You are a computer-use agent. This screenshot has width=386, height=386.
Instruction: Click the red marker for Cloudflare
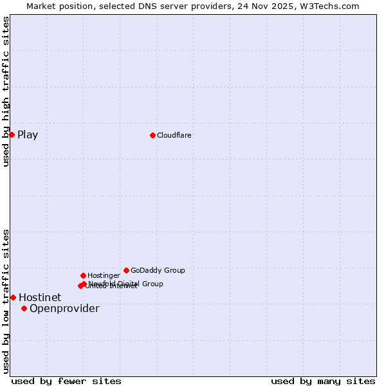pos(152,135)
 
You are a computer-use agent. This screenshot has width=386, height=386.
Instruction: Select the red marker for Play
pos(12,134)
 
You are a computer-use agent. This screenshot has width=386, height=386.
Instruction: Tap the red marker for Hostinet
pos(13,297)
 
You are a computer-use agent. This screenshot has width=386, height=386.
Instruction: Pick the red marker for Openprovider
pos(24,308)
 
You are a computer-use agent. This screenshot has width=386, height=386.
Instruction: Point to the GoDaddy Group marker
pos(126,270)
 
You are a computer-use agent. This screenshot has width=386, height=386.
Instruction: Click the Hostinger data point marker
pos(83,275)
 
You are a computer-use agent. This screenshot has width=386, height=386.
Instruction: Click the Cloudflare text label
pos(174,135)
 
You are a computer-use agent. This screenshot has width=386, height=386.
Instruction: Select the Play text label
pos(28,134)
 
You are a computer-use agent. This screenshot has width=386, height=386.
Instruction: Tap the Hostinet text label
pos(40,297)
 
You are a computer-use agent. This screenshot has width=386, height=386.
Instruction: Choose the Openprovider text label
pos(64,308)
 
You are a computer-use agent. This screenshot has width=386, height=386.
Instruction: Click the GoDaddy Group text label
pos(158,270)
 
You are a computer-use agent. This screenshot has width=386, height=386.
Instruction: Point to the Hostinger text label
pos(104,275)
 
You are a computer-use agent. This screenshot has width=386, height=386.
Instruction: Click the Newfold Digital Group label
pos(126,283)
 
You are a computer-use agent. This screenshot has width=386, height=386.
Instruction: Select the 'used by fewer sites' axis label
pos(66,381)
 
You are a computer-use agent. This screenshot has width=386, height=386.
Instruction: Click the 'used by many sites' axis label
pos(323,381)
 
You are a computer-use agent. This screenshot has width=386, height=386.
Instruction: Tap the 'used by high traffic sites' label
pos(6,91)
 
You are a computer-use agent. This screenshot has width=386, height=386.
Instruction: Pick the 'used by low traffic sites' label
pos(6,301)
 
